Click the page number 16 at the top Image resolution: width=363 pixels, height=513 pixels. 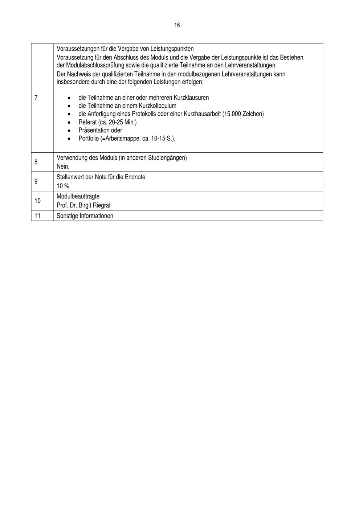(177, 25)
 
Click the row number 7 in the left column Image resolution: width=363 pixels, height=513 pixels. (36, 98)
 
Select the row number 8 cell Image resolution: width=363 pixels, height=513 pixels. (36, 162)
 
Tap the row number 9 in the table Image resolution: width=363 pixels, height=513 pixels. (36, 181)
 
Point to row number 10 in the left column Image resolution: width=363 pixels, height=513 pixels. (37, 201)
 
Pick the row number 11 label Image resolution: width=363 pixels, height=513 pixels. (37, 216)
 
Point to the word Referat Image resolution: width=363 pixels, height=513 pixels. (87, 122)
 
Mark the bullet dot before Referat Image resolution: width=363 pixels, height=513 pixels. (69, 123)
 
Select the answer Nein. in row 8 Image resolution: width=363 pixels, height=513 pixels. (63, 167)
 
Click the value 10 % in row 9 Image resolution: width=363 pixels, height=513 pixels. (63, 186)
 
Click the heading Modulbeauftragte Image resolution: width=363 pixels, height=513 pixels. (78, 196)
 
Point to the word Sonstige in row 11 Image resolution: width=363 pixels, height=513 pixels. (67, 216)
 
